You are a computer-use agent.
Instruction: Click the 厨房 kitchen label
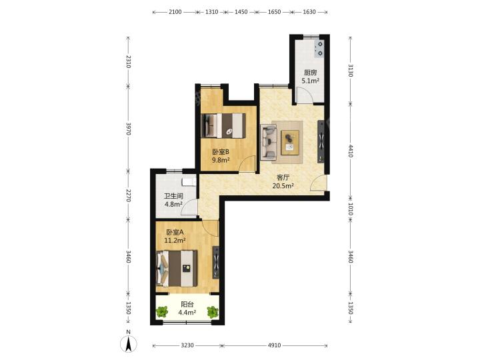pyautogui.click(x=310, y=73)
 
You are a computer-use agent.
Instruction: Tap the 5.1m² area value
pyautogui.click(x=311, y=81)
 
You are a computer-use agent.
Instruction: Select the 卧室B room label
pyautogui.click(x=221, y=152)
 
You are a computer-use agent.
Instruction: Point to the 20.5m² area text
pyautogui.click(x=283, y=185)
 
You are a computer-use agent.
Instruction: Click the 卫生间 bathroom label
pyautogui.click(x=173, y=196)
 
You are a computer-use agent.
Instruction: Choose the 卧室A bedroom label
pyautogui.click(x=175, y=233)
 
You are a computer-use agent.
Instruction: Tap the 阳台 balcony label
pyautogui.click(x=187, y=304)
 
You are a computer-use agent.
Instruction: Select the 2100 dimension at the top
pyautogui.click(x=175, y=12)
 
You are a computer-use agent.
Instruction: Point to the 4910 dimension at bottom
pyautogui.click(x=274, y=345)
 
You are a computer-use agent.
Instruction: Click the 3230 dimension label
pyautogui.click(x=187, y=345)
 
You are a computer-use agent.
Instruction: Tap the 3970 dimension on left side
pyautogui.click(x=129, y=129)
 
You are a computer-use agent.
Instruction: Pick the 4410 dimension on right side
pyautogui.click(x=351, y=151)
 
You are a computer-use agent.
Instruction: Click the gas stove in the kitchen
pyautogui.click(x=319, y=49)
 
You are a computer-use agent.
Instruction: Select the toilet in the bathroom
pyautogui.click(x=189, y=182)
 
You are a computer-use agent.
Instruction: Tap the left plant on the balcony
pyautogui.click(x=162, y=312)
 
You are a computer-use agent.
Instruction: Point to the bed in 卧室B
pyautogui.click(x=224, y=125)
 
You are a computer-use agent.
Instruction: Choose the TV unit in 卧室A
pyautogui.click(x=216, y=262)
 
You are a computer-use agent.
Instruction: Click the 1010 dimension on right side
pyautogui.click(x=351, y=209)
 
